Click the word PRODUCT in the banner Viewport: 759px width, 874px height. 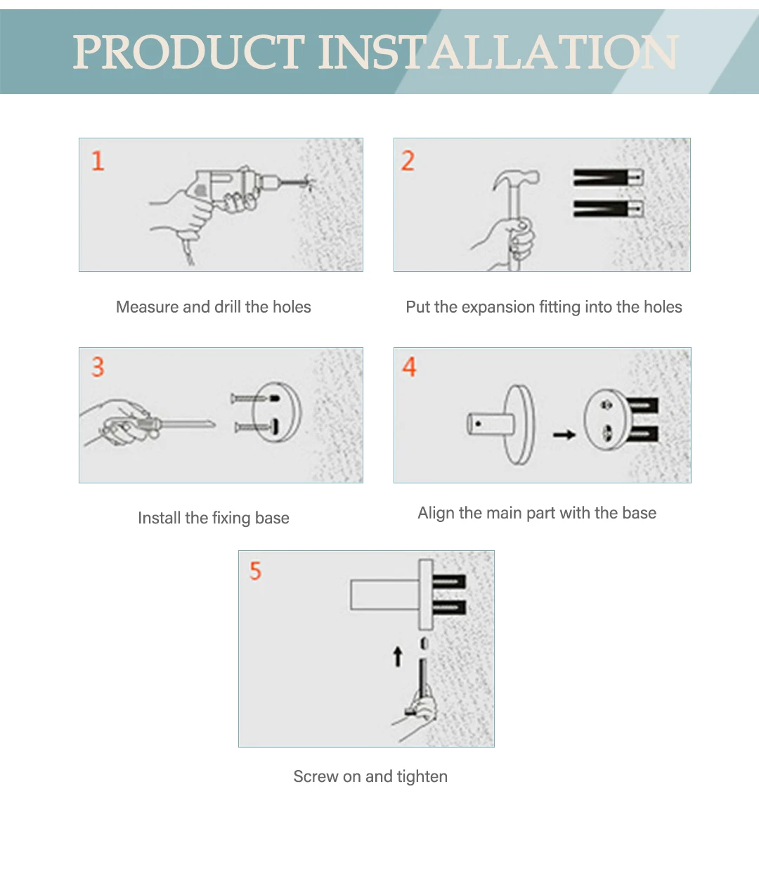pos(189,52)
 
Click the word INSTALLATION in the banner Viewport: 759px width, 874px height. pos(499,52)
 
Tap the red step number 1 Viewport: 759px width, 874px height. pos(98,161)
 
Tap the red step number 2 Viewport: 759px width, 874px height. pos(408,161)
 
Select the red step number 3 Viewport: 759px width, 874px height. pos(98,367)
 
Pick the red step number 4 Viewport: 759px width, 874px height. pos(409,367)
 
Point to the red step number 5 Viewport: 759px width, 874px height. pos(255,570)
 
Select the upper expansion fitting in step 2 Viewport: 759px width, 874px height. pos(608,177)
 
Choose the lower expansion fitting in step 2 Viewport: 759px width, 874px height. pos(608,209)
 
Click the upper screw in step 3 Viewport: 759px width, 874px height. pos(255,399)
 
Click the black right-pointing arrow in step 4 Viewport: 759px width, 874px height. pos(564,435)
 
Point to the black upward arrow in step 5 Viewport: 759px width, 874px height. pos(398,656)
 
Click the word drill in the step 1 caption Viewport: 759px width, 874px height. pos(227,307)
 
